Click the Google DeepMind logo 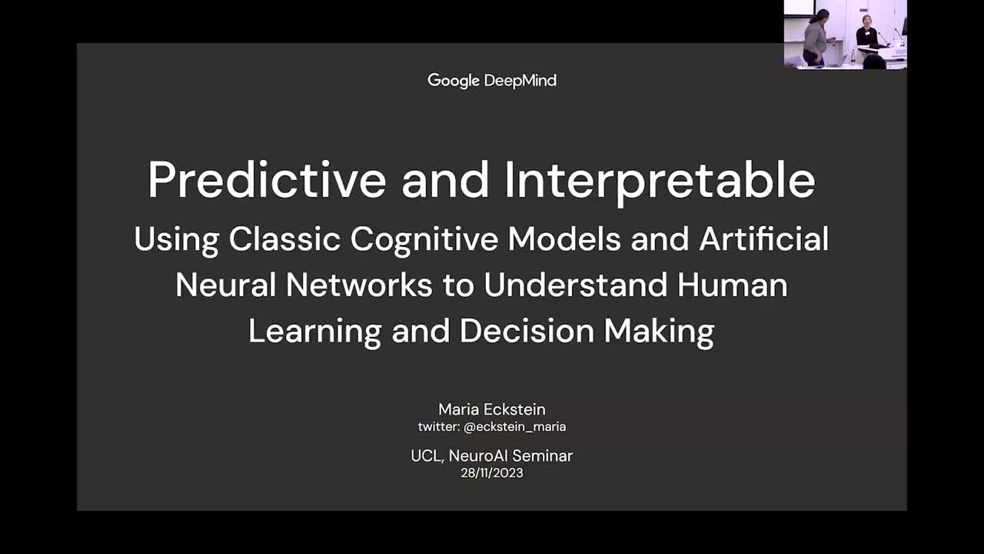(x=492, y=80)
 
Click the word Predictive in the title (x=267, y=179)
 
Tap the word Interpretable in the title (x=660, y=179)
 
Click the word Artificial (x=763, y=239)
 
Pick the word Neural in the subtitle (x=225, y=285)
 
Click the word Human (x=732, y=285)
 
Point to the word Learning (x=315, y=332)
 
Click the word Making (x=659, y=332)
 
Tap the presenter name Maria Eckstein (x=492, y=409)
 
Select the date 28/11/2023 (x=492, y=472)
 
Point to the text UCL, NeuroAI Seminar (x=492, y=456)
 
